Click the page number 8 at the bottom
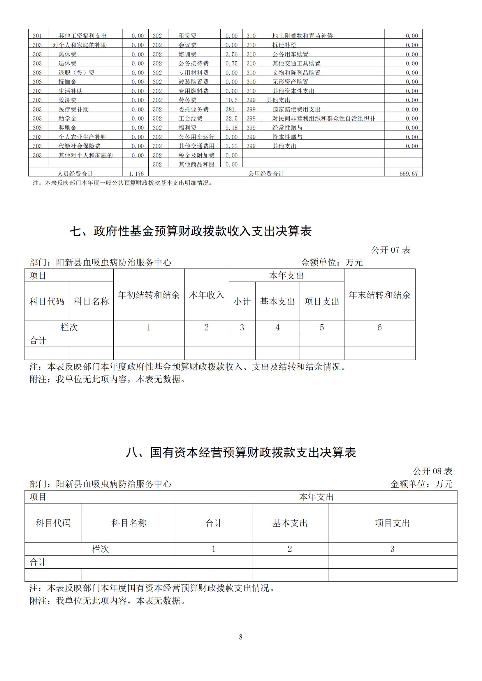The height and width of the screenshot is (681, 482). pyautogui.click(x=241, y=637)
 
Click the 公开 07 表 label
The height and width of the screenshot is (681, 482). pyautogui.click(x=390, y=250)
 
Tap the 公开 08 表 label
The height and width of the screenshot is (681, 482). pyautogui.click(x=432, y=471)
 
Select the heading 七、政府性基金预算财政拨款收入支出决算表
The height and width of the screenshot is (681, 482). pyautogui.click(x=191, y=231)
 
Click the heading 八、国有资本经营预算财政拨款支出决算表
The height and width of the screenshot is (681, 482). pyautogui.click(x=241, y=453)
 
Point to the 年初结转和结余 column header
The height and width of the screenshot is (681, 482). pyautogui.click(x=149, y=295)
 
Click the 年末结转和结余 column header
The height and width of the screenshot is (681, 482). pyautogui.click(x=379, y=295)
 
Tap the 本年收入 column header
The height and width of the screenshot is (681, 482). pyautogui.click(x=207, y=295)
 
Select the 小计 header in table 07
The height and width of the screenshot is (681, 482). pyautogui.click(x=242, y=301)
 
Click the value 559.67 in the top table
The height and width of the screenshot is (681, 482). pyautogui.click(x=409, y=174)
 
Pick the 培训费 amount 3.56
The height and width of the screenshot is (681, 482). pyautogui.click(x=231, y=54)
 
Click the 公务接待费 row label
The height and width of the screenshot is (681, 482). pyautogui.click(x=193, y=63)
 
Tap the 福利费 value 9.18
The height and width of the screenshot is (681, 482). pyautogui.click(x=231, y=128)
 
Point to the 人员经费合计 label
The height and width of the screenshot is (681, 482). pyautogui.click(x=75, y=174)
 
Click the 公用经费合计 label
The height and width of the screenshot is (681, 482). pyautogui.click(x=266, y=174)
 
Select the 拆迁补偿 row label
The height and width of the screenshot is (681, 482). pyautogui.click(x=284, y=45)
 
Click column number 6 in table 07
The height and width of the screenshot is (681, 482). pyautogui.click(x=379, y=328)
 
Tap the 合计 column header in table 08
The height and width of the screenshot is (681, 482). pyautogui.click(x=214, y=523)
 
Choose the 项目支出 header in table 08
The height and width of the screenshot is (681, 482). pyautogui.click(x=392, y=523)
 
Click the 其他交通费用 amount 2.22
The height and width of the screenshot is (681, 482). pyautogui.click(x=231, y=146)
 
